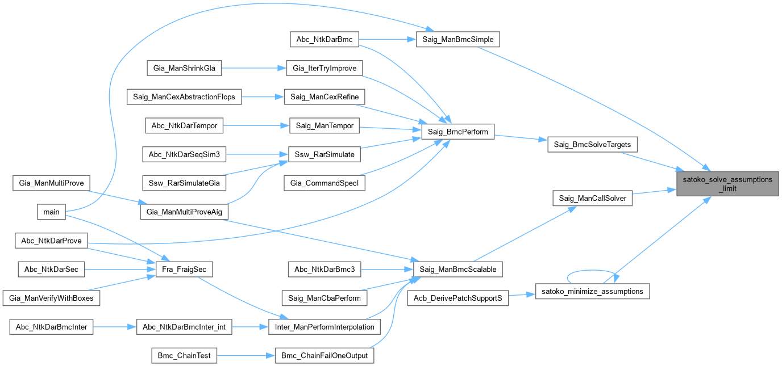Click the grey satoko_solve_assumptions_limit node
tap(727, 184)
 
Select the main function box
tap(51, 212)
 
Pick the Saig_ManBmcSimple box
tap(458, 39)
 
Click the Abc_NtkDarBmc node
tap(325, 39)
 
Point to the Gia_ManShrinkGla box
tap(184, 68)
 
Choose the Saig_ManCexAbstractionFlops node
tap(184, 96)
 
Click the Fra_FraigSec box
tap(184, 270)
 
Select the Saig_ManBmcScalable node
tap(458, 269)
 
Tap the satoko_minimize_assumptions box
tap(592, 291)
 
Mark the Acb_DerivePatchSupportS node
tap(458, 297)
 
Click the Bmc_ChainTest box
tap(184, 356)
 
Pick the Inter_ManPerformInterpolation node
tap(325, 327)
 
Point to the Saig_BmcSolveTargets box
tap(592, 145)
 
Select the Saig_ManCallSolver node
tap(592, 198)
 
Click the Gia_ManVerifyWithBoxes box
tap(51, 298)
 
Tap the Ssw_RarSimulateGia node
tap(184, 183)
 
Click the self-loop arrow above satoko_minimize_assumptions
tap(592, 272)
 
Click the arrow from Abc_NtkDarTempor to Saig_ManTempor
tap(256, 125)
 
